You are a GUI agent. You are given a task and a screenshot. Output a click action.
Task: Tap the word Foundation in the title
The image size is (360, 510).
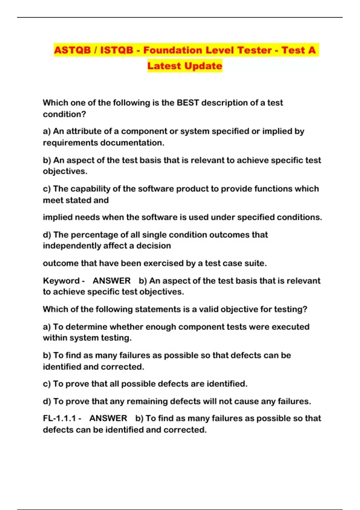(172, 50)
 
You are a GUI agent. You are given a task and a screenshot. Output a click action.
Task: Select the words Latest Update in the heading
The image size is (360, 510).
(185, 66)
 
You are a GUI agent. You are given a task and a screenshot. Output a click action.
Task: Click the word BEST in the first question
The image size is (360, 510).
(188, 103)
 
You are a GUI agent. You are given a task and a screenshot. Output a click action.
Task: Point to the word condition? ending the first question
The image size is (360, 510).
(64, 114)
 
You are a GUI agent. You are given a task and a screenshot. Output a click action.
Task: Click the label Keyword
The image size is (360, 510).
(61, 281)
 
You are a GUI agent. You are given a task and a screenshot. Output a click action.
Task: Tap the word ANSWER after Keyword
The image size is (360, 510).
(112, 281)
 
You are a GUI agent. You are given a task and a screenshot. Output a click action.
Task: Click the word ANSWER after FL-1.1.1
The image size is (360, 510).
(108, 418)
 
